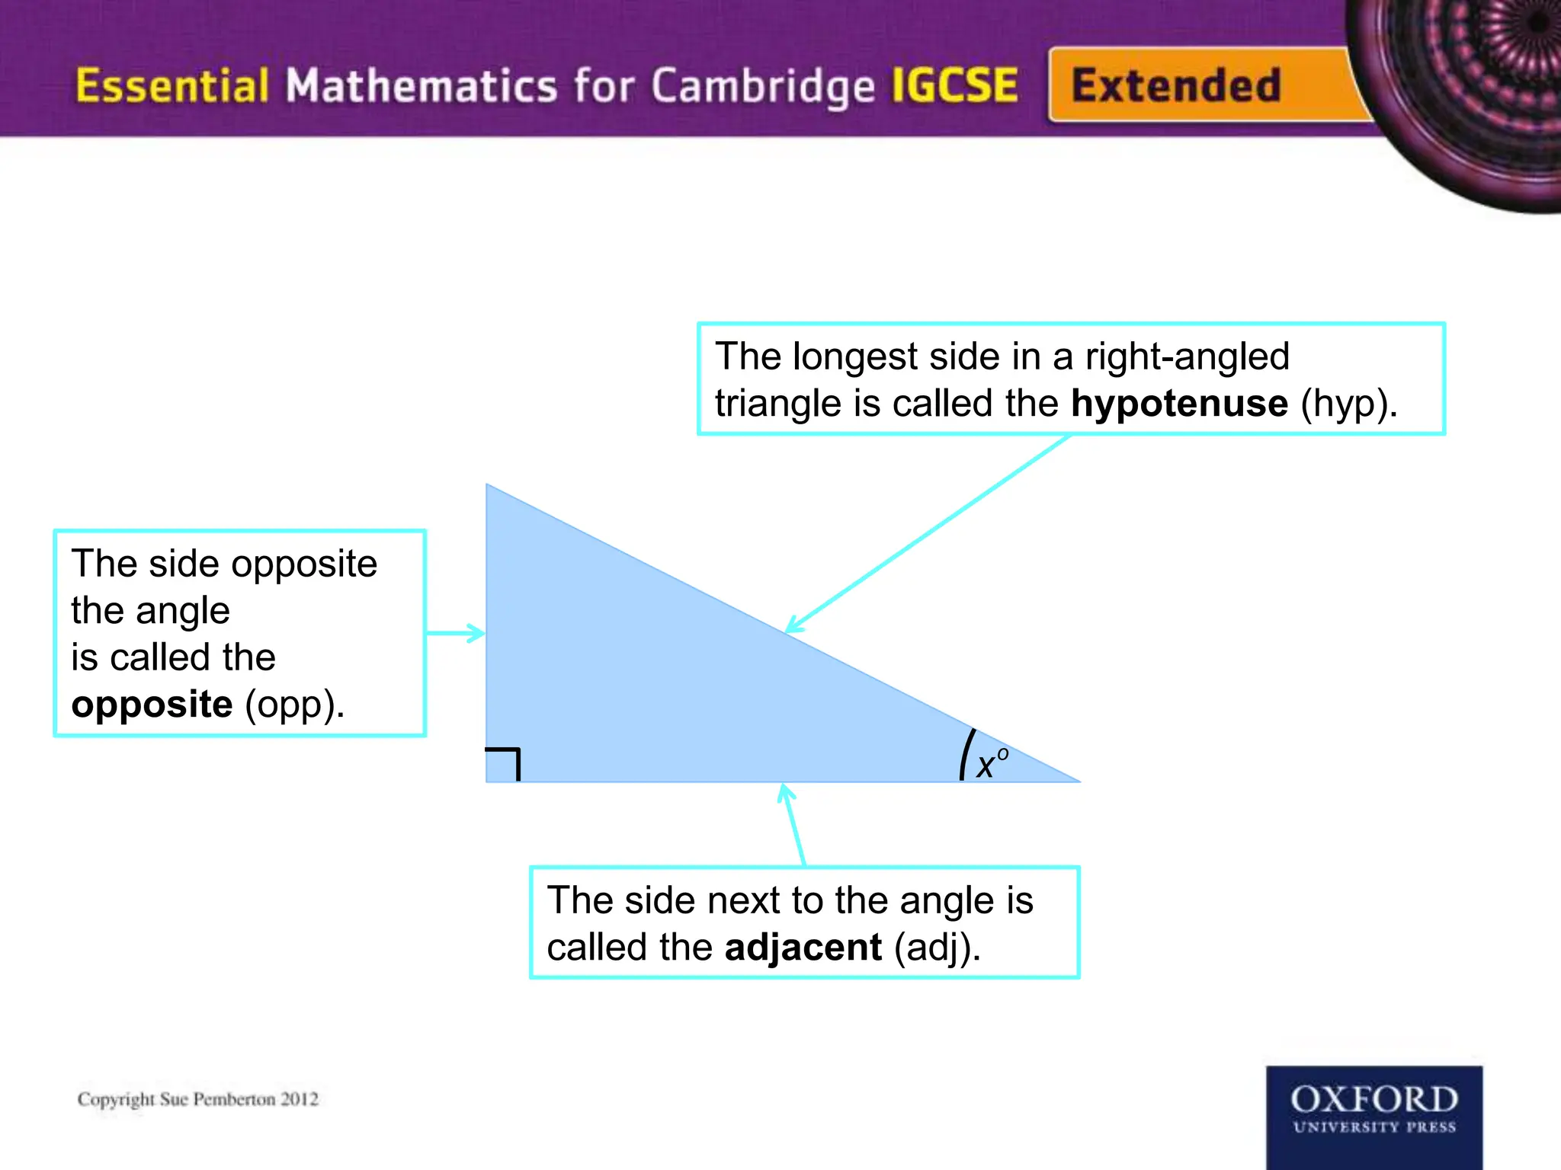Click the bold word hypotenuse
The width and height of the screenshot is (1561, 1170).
1179,404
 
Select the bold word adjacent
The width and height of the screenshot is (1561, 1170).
803,948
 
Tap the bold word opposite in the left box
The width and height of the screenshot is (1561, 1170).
152,705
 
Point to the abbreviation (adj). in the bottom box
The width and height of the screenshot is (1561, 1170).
937,948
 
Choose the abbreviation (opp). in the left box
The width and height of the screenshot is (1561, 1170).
294,705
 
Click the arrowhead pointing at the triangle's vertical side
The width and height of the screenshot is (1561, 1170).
477,633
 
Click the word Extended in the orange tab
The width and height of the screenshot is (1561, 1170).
1175,85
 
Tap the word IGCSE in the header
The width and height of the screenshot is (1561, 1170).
954,85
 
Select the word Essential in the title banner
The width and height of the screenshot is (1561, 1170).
172,85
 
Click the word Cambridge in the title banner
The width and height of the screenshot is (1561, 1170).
762,87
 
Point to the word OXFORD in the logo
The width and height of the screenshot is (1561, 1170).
1374,1099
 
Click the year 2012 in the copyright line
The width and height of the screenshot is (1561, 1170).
299,1099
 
